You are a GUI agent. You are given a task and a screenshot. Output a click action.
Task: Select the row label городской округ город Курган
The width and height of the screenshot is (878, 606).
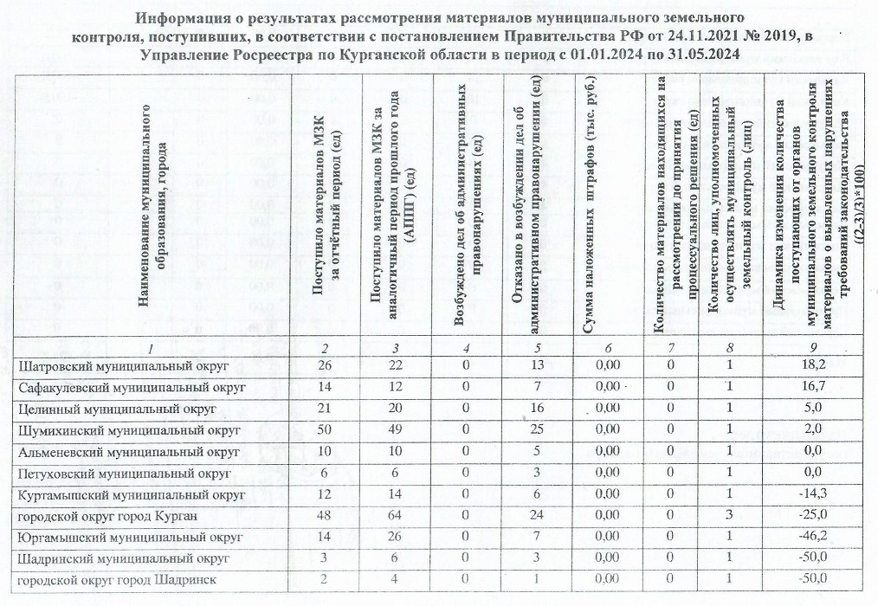[x=109, y=517]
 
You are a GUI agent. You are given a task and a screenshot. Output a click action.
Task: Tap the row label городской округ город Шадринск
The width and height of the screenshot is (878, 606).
[x=117, y=579]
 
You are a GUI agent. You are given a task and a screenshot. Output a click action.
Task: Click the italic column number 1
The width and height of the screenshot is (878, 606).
[x=151, y=348]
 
